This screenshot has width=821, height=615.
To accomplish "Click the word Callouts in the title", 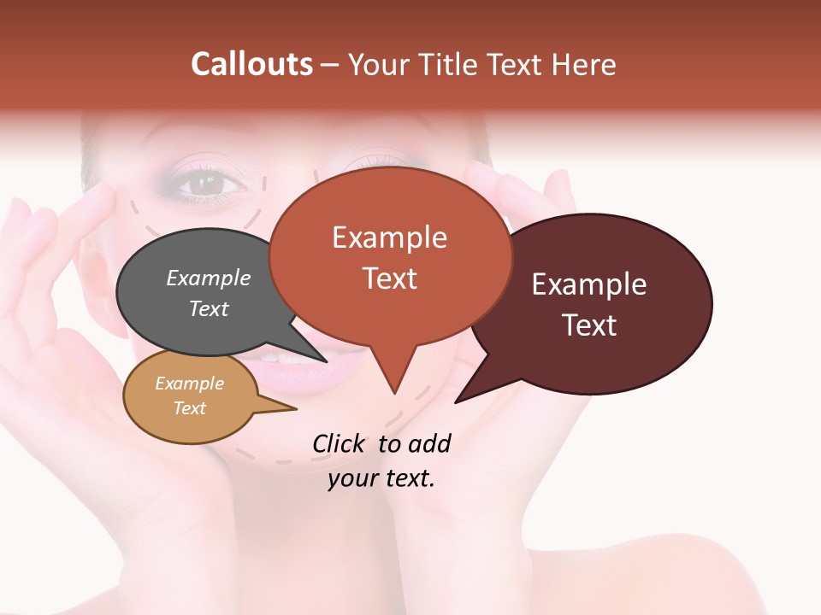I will pyautogui.click(x=251, y=64).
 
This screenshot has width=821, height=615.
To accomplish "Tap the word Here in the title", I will pyautogui.click(x=581, y=64).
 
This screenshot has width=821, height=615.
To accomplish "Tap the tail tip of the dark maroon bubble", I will pyautogui.click(x=457, y=401).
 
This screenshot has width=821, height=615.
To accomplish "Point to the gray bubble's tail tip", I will pyautogui.click(x=326, y=361).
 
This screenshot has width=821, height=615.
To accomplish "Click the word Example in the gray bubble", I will pyautogui.click(x=209, y=278).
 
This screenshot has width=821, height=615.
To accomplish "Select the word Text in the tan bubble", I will pyautogui.click(x=189, y=408).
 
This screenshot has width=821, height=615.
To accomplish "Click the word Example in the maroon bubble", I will pyautogui.click(x=589, y=284).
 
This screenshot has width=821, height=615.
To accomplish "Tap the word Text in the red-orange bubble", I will pyautogui.click(x=390, y=278).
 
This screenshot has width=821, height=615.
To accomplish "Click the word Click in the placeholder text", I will pyautogui.click(x=340, y=443).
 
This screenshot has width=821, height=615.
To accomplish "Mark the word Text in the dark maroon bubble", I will pyautogui.click(x=589, y=325).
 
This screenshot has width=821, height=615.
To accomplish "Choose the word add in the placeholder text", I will pyautogui.click(x=429, y=443).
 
